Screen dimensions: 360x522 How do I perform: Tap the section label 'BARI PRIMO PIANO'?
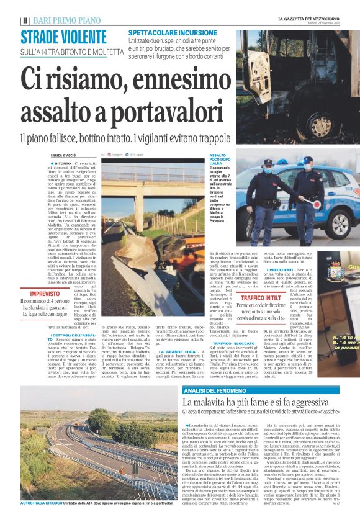[56, 20]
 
